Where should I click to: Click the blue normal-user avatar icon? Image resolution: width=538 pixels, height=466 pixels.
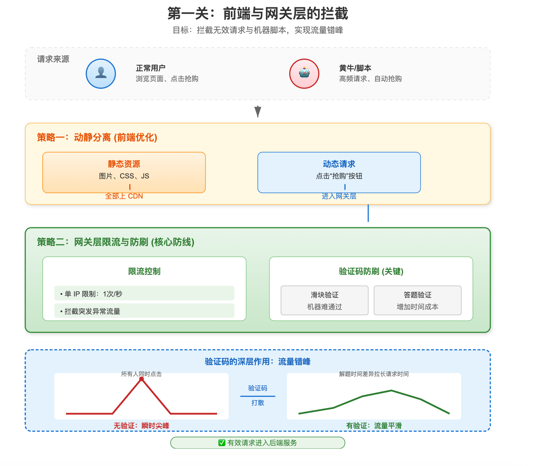point(101,73)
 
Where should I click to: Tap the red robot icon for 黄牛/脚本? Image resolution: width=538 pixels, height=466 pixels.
point(304,73)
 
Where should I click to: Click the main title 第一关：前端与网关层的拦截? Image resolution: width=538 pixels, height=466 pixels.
point(258,14)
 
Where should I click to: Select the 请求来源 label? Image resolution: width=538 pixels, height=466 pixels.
point(53,59)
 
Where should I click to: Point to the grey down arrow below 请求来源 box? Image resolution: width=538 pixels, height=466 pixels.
point(258,111)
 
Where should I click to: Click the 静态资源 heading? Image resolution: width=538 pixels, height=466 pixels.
point(124,164)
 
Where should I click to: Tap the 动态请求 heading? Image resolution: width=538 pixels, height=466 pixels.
point(339,164)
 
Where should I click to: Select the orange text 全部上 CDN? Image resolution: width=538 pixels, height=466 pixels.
point(124,196)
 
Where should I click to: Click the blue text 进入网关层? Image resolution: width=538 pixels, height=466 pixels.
point(339,196)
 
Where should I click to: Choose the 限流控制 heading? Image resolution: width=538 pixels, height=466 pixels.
point(144,271)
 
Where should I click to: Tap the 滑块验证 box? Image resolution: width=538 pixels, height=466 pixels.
point(325,300)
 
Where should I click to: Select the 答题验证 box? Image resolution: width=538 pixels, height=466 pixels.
point(418,300)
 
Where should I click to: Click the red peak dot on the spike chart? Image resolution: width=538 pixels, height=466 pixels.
point(142,379)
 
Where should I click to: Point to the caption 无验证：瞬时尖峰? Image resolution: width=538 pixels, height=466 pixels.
point(141,426)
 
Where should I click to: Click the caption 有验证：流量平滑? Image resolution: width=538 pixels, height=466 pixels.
point(374,426)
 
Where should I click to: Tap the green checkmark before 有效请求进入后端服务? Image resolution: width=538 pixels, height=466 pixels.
point(222,443)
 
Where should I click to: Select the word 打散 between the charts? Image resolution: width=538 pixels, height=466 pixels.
point(258,403)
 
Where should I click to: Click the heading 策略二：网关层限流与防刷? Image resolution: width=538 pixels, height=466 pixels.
point(116,242)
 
